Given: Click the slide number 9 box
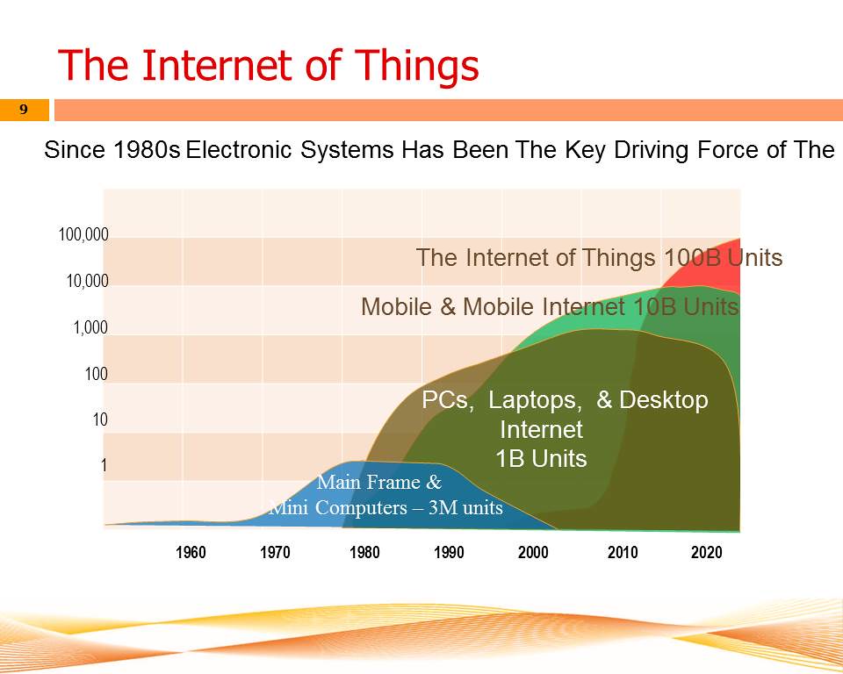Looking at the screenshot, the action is [x=25, y=110].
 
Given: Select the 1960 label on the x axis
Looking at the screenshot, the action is [x=191, y=552].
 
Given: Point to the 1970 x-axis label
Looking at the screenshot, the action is [x=275, y=552].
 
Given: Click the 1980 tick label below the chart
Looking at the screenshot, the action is [x=364, y=552].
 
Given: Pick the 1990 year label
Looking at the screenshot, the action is [x=449, y=552].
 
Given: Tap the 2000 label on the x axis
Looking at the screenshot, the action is [x=533, y=552].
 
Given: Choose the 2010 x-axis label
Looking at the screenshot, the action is [x=623, y=552].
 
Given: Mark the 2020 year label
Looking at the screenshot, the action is [x=706, y=552].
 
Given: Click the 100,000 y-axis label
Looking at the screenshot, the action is [x=83, y=235].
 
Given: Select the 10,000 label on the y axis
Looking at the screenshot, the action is [x=87, y=281].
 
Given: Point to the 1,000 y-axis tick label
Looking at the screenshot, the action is [x=90, y=327].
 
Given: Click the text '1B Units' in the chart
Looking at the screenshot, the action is [x=541, y=459].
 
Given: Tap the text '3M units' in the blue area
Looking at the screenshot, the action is [x=465, y=507].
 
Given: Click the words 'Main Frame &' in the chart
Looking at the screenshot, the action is [x=379, y=482].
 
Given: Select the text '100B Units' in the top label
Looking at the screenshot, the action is [x=723, y=257].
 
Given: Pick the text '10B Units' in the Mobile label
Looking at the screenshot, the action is [x=686, y=307].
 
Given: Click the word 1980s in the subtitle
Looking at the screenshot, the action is [x=147, y=149].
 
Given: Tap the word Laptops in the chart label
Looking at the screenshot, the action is [x=535, y=400].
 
